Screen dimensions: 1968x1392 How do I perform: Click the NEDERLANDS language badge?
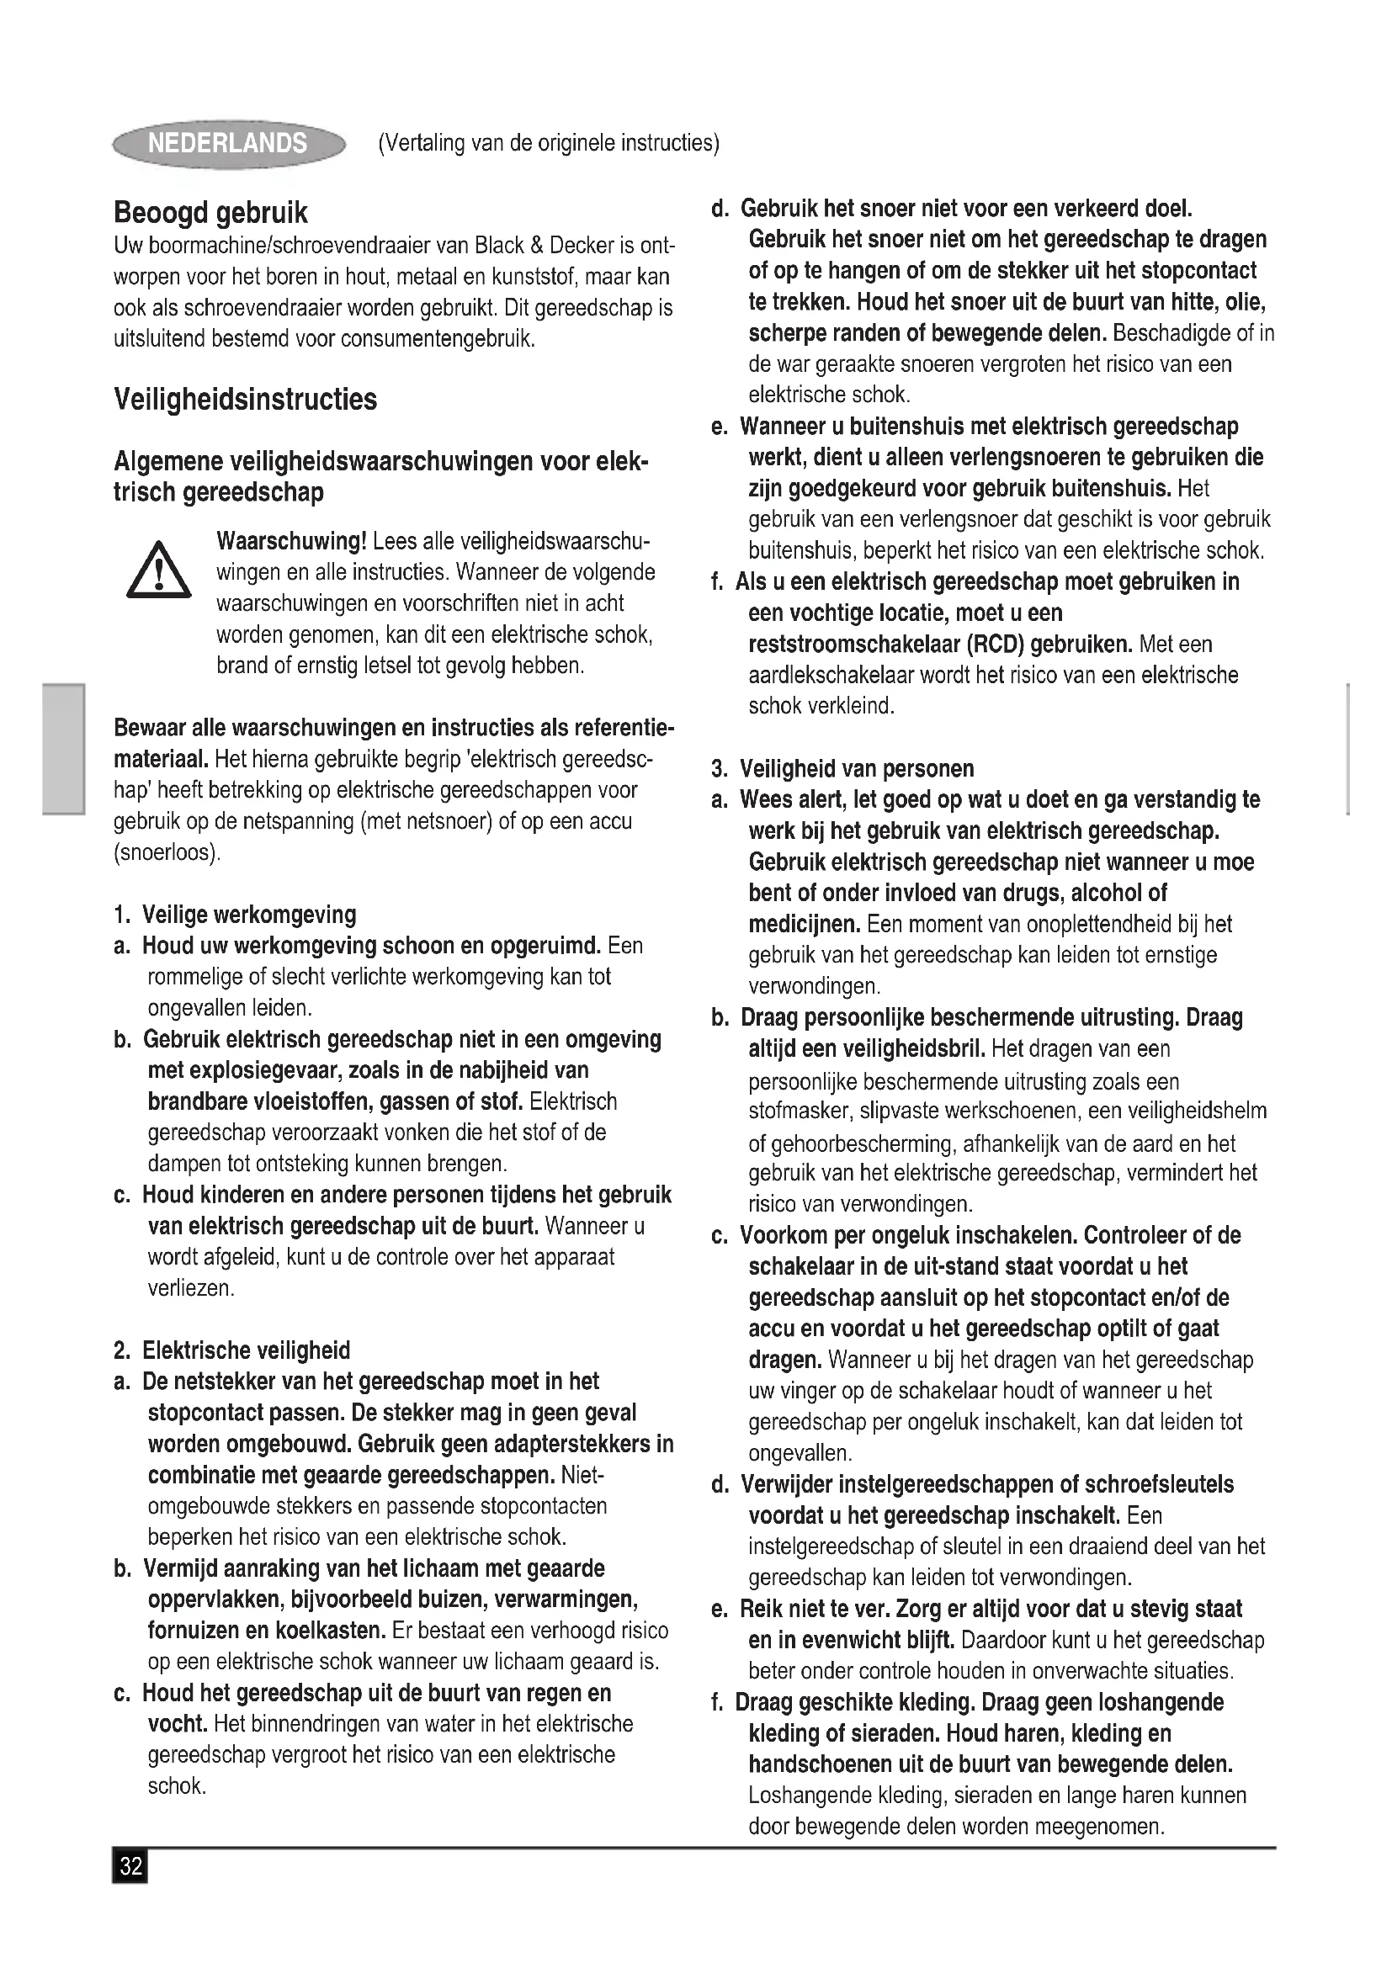(x=228, y=143)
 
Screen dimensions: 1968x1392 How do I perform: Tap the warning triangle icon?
(x=158, y=570)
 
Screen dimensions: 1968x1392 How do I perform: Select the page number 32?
(x=130, y=1866)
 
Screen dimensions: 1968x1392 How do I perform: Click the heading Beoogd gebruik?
(x=211, y=213)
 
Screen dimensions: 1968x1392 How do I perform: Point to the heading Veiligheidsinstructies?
(x=245, y=400)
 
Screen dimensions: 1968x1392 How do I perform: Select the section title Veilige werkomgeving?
(x=248, y=915)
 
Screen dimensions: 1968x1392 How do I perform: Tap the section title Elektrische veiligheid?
(x=246, y=1351)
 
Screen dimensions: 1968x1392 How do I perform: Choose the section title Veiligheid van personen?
(x=856, y=769)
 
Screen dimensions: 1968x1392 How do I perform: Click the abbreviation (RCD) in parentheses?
(x=996, y=645)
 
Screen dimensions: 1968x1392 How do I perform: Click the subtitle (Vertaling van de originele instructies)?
(x=549, y=143)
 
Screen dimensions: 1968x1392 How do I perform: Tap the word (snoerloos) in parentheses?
(x=167, y=853)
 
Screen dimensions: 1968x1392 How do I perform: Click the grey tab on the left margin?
(x=63, y=748)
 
